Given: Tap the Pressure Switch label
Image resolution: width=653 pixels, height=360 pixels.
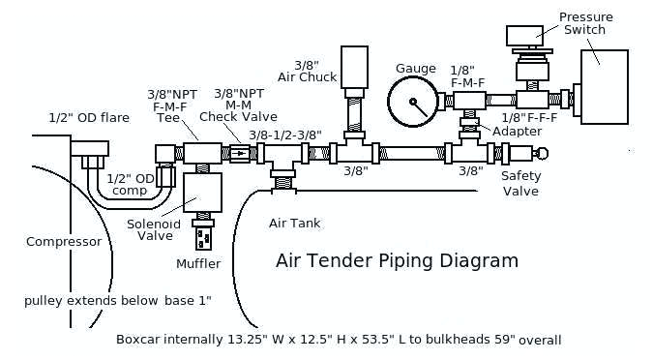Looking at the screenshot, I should pos(584,22).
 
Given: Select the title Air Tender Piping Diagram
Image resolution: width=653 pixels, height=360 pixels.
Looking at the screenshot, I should pos(397,260).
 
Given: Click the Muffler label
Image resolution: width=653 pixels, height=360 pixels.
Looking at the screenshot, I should pos(197,263).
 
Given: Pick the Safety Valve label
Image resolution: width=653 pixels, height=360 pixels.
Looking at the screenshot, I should pos(519,183).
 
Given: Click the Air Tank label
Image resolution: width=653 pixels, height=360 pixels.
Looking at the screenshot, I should pos(294,224).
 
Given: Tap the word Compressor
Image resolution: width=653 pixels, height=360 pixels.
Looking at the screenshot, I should pos(64,242).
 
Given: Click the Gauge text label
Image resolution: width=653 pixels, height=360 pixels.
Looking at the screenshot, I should pos(416,69).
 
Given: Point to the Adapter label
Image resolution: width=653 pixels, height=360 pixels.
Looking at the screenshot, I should pos(510,131).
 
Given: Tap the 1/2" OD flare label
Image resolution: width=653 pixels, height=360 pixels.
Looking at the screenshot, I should pos(89,118).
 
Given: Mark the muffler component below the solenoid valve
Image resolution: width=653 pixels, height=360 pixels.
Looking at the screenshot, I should pos(202,236).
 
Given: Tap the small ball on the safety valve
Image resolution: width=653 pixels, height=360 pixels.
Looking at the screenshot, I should pos(541,152).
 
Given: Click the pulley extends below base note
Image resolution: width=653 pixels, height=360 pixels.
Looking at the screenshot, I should pos(118,300).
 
